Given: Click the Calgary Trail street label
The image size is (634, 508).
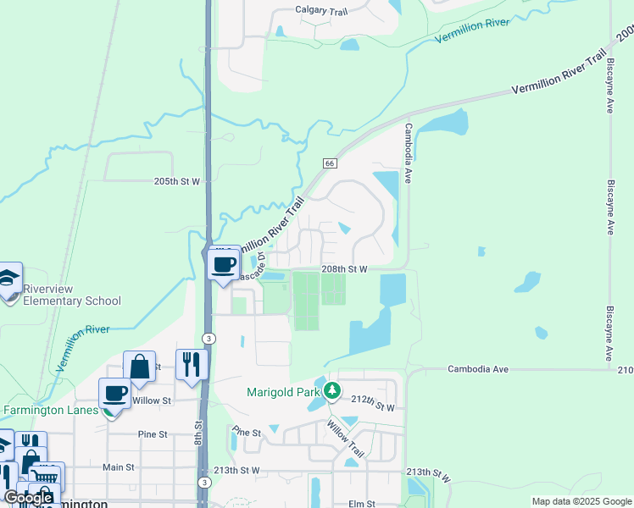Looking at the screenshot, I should pos(323,10).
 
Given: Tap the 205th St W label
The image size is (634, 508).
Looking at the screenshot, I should pos(176,181).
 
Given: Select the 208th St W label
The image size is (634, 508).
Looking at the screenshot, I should pos(344,268).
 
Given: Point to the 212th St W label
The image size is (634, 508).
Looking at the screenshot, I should pos(373,398).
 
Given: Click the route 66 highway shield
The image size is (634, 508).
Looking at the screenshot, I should pos(330,163).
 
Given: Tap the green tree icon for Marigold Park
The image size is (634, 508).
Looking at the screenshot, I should pos(333,391).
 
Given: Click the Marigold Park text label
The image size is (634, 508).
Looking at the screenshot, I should pos(282,392).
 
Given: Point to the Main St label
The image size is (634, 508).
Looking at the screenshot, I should pos(119,467).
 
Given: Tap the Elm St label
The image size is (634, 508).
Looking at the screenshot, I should pos(361,504).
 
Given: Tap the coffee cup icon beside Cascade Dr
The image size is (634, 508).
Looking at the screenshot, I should pos(224,264).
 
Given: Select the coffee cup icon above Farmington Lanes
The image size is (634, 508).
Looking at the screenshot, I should pos(115,394).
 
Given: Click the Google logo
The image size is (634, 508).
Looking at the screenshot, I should pos(28,498).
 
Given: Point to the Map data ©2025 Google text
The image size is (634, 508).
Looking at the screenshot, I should pos(581,501).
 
